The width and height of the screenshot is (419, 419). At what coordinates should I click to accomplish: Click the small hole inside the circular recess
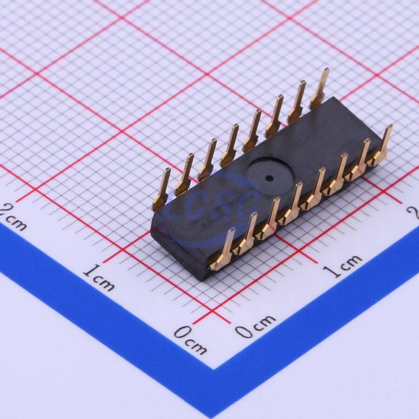tap(268, 177)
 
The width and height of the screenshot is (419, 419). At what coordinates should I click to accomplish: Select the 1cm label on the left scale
tap(98, 278)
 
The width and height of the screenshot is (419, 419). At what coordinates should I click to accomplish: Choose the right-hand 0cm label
tap(255, 325)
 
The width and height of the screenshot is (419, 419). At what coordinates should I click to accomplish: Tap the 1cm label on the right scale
tap(343, 265)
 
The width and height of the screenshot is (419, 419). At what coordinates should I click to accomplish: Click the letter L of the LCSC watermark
tap(176, 211)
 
